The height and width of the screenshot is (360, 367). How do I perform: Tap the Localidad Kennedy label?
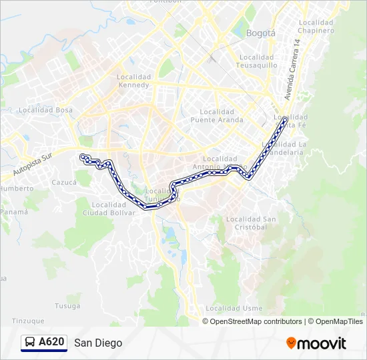134,81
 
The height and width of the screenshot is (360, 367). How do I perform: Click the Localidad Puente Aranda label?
217,116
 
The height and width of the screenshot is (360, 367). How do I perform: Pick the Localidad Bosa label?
45,110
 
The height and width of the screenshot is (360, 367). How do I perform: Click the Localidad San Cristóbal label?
250,223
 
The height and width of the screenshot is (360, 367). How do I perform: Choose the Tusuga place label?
67,306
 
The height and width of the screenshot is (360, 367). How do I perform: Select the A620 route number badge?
51,343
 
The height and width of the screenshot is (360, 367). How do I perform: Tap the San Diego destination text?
99,343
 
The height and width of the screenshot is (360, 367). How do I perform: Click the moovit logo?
316,343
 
